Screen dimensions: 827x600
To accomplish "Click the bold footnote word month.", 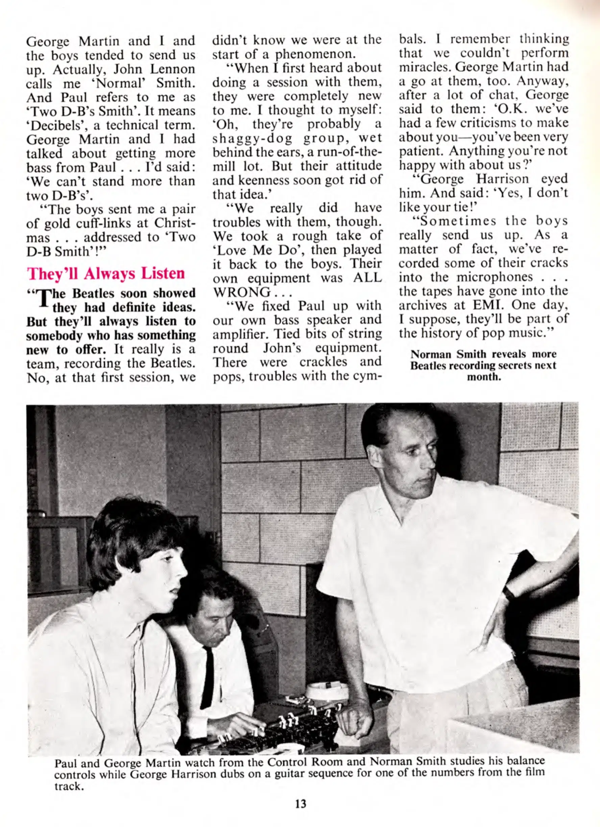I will click(x=483, y=376).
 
